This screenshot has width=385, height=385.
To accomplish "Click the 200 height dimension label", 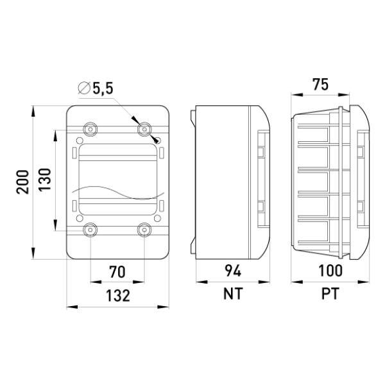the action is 22,182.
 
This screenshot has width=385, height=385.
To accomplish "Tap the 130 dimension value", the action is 44,180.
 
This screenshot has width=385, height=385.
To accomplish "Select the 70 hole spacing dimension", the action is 117,272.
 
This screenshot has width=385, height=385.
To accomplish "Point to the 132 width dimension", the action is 118,295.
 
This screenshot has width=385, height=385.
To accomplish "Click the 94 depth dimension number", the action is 233,271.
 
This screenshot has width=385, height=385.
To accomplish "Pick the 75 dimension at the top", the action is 320,85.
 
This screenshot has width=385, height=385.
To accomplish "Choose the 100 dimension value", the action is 330,271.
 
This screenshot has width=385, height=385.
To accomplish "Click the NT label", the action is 233,293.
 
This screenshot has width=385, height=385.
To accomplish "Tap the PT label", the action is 330,293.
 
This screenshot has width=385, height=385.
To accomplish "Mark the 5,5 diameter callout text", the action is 103,88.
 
